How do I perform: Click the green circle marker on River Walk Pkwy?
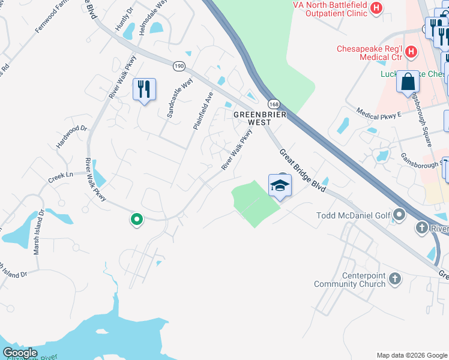click(x=137, y=220)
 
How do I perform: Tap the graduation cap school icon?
click(x=280, y=185)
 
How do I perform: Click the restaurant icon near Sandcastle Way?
click(x=144, y=89)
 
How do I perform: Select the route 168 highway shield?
click(x=274, y=104)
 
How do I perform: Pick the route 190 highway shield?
click(x=179, y=65)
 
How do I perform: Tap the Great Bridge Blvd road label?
click(x=302, y=170)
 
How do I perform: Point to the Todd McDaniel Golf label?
click(x=353, y=215)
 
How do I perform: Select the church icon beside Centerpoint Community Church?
click(x=394, y=278)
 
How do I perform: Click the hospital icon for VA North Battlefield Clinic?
click(x=376, y=8)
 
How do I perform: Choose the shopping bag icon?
click(x=408, y=82)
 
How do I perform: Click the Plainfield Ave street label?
click(x=203, y=110)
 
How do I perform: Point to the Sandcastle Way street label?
click(x=179, y=97)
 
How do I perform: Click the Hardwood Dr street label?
click(x=71, y=137)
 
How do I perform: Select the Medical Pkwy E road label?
click(x=378, y=113)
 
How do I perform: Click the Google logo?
click(x=20, y=353)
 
